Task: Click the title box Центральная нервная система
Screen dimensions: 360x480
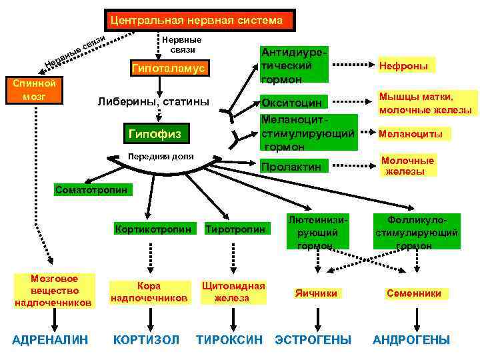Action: pos(197,20)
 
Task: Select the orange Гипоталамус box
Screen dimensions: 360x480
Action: pos(169,69)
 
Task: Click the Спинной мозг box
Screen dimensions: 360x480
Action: pos(33,91)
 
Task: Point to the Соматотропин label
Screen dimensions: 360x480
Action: pos(93,189)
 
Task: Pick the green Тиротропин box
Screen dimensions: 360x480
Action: pos(239,229)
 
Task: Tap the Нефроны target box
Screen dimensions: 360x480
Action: pos(403,65)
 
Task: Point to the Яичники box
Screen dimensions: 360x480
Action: pos(317,293)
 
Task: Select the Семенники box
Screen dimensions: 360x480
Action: pos(413,293)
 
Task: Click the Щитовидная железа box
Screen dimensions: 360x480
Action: pos(233,292)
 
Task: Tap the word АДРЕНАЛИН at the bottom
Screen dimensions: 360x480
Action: pos(51,340)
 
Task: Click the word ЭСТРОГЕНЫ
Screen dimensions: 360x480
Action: pos(313,340)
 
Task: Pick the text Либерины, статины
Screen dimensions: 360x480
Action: pos(153,102)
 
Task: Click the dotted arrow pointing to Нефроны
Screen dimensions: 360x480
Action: pos(349,65)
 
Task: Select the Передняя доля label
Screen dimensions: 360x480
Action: pos(160,156)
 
